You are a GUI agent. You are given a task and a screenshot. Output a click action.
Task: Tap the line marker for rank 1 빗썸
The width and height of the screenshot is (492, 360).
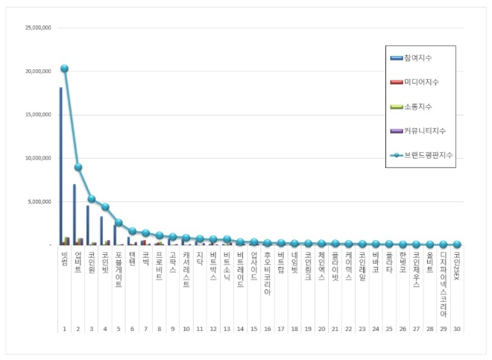[x=65, y=69]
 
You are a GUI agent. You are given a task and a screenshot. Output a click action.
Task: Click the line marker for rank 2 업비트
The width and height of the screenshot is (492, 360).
[x=78, y=167]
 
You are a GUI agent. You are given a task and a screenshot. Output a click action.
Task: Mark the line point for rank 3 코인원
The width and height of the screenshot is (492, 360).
[x=92, y=199]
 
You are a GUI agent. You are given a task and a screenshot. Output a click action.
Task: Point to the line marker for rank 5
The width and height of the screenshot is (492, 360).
[x=119, y=222]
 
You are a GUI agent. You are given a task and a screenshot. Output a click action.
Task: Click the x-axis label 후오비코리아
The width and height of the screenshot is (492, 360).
[x=268, y=273]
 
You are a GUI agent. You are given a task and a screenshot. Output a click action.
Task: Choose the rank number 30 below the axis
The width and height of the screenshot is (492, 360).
[x=457, y=328]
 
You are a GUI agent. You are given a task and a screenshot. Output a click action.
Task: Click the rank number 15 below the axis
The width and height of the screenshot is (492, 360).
[x=254, y=328]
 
